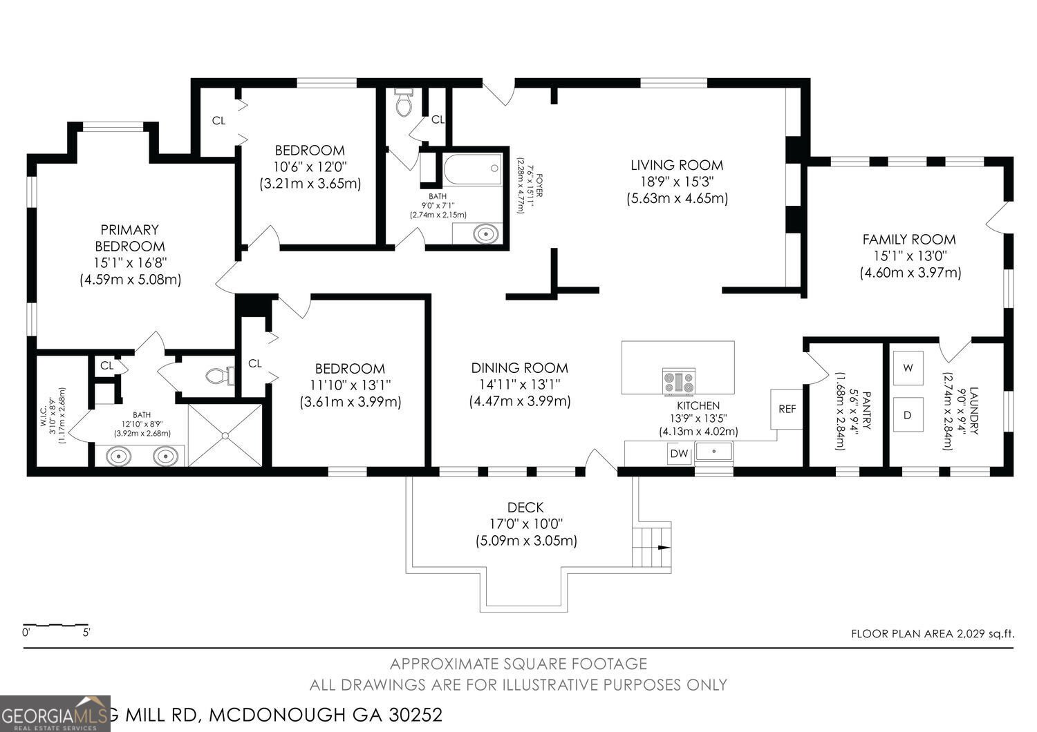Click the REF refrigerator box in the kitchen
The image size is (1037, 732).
787,409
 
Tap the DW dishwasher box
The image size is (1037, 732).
679,454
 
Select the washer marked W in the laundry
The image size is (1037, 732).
908,368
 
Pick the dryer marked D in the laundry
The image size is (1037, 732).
908,415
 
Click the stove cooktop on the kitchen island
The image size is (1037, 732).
678,382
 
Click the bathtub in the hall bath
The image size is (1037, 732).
473,169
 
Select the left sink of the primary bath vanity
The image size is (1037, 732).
119,456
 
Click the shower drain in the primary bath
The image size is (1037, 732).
225,435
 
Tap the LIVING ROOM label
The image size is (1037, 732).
676,165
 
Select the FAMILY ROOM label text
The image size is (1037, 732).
908,240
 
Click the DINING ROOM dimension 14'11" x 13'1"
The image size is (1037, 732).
519,385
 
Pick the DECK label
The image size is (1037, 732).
525,508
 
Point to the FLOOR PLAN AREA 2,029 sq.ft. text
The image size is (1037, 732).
932,633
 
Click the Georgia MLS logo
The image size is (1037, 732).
55,713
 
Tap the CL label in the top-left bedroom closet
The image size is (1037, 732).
218,121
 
